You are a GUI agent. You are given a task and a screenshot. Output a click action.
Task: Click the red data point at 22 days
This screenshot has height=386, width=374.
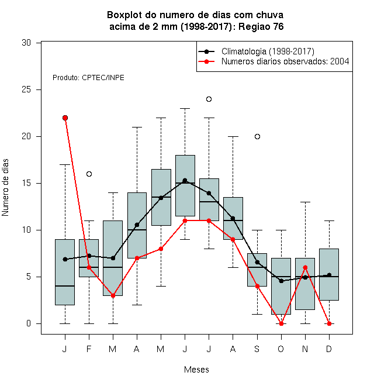pyautogui.click(x=65, y=118)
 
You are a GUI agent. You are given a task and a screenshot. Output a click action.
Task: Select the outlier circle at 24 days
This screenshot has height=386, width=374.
pyautogui.click(x=209, y=99)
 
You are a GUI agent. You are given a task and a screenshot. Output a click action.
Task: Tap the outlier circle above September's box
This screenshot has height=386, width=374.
pyautogui.click(x=257, y=137)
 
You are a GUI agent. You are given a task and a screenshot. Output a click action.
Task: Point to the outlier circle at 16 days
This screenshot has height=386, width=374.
pyautogui.click(x=89, y=174)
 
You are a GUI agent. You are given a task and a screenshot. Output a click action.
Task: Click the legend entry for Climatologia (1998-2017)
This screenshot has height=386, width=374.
pyautogui.click(x=257, y=51)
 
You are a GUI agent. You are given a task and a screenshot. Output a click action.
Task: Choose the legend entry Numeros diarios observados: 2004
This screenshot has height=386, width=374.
pyautogui.click(x=273, y=61)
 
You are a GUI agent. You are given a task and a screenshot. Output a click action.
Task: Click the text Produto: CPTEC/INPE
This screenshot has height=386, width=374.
pyautogui.click(x=88, y=78)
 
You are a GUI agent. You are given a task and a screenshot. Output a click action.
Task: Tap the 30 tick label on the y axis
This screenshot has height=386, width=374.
pyautogui.click(x=26, y=43)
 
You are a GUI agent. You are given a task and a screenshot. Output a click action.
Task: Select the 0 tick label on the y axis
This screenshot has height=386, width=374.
pyautogui.click(x=29, y=323)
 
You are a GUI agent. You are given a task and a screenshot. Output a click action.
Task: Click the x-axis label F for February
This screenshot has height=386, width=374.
pyautogui.click(x=89, y=349)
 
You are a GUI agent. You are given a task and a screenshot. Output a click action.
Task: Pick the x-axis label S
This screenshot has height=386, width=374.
pyautogui.click(x=257, y=349)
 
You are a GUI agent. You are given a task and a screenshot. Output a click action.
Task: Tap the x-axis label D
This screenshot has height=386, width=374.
pyautogui.click(x=329, y=349)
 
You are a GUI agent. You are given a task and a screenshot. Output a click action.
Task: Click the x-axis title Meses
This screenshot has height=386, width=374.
pyautogui.click(x=196, y=370)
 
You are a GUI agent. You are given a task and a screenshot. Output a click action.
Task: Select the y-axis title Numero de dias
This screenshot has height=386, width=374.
pyautogui.click(x=5, y=188)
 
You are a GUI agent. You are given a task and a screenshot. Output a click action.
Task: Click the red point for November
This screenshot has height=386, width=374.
pyautogui.click(x=306, y=268)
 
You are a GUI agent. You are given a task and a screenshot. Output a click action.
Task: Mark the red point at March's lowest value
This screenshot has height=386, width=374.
pyautogui.click(x=113, y=296)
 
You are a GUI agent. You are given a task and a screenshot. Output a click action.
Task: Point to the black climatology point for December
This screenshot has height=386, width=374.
pyautogui.click(x=329, y=275)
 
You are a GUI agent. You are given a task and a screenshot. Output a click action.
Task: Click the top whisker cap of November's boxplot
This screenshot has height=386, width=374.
pyautogui.click(x=306, y=202)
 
